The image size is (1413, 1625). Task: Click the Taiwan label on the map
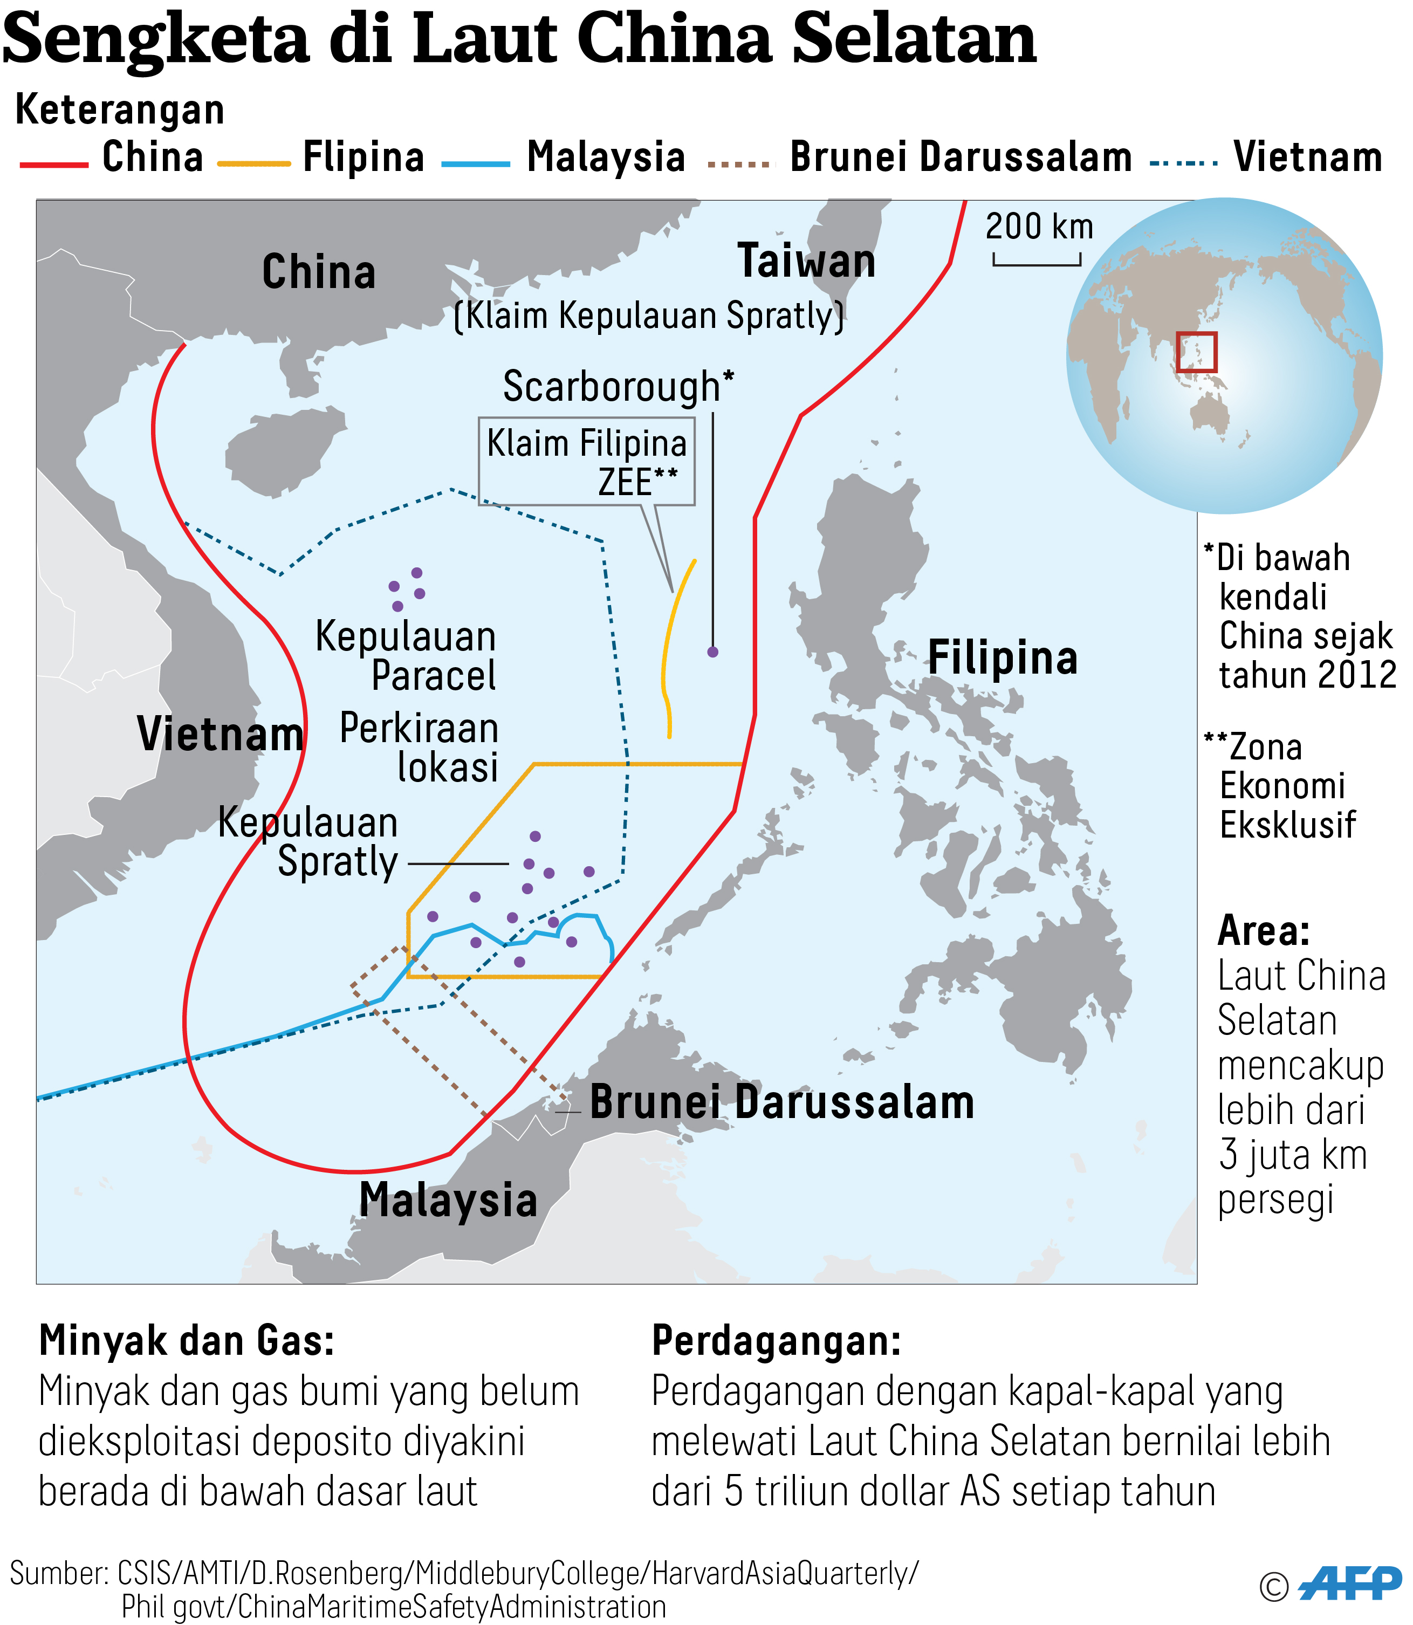pyautogui.click(x=806, y=261)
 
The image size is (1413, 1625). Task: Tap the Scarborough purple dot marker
pyautogui.click(x=713, y=652)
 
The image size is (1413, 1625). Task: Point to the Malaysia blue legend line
pyautogui.click(x=476, y=164)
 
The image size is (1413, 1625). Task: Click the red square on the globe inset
pyautogui.click(x=1196, y=352)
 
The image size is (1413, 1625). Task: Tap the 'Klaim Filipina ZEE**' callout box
pyautogui.click(x=587, y=461)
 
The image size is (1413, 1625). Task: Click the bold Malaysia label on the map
pyautogui.click(x=448, y=1200)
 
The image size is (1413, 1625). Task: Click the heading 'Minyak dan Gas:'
pyautogui.click(x=187, y=1340)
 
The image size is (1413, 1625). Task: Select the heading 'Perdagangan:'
pyautogui.click(x=776, y=1340)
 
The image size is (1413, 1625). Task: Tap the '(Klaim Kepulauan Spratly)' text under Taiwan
pyautogui.click(x=649, y=316)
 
